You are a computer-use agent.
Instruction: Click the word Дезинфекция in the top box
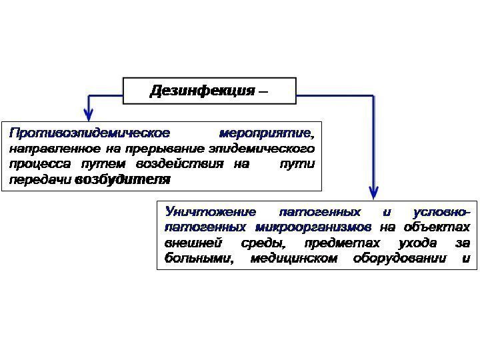pos(201,91)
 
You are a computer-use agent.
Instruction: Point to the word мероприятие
pos(265,132)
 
